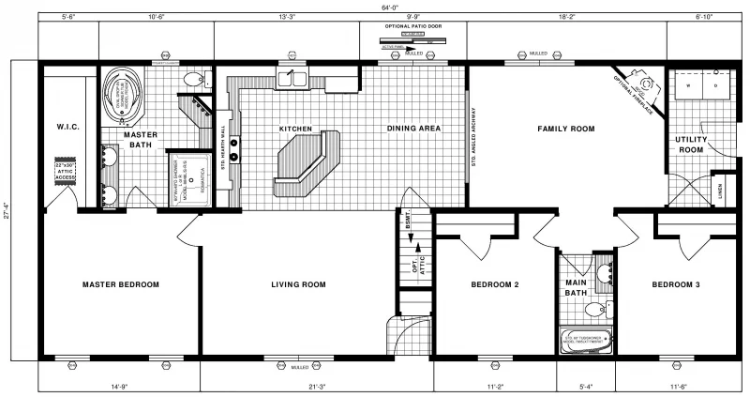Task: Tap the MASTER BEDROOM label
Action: (x=120, y=284)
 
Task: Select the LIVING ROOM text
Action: (x=297, y=284)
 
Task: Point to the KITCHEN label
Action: (x=294, y=129)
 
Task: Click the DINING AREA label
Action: (x=414, y=128)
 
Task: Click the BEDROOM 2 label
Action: (x=495, y=284)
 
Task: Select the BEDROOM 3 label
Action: (x=677, y=284)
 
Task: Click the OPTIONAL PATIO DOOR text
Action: (x=412, y=25)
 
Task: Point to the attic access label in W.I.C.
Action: (x=64, y=172)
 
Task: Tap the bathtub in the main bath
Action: (x=586, y=340)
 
